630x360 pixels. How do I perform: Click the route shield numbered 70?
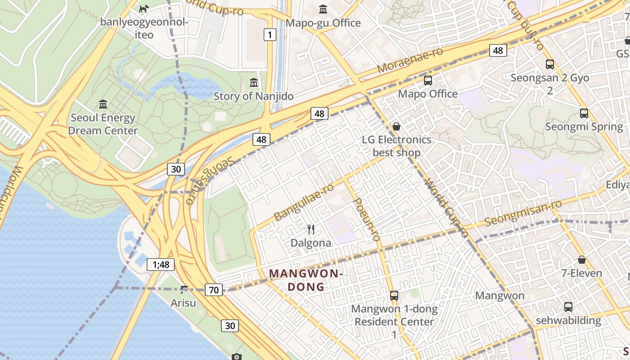(214, 290)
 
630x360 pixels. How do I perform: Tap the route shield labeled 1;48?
(161, 265)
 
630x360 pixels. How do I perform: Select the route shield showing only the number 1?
(270, 35)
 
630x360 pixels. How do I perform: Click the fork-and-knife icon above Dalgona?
(310, 229)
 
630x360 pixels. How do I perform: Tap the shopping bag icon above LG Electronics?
(396, 126)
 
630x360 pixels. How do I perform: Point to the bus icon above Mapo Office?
(427, 81)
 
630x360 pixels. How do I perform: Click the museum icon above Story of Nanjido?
(254, 83)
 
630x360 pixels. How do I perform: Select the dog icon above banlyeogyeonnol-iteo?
(144, 9)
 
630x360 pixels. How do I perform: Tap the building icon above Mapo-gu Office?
(323, 9)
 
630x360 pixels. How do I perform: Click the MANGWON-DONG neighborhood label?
(306, 280)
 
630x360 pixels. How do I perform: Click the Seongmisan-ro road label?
(523, 213)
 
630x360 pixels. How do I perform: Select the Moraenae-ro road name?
(410, 61)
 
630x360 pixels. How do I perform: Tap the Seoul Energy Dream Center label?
(103, 124)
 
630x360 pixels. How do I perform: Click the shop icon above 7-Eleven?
(582, 260)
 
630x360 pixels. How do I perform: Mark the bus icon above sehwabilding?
(568, 307)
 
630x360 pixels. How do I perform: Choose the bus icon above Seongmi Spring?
(584, 113)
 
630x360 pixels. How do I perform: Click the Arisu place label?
(183, 303)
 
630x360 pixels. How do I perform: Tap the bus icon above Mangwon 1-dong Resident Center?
(394, 296)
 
